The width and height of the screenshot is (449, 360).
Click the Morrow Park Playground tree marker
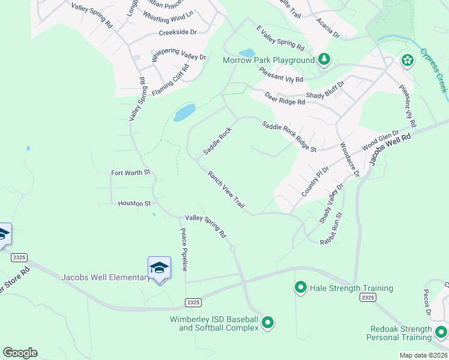324,59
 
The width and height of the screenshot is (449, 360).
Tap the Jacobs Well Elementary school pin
159,268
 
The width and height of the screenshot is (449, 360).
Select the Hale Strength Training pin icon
300,288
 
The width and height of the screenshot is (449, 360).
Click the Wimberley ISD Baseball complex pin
268,323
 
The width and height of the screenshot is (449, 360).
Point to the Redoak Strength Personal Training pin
441,331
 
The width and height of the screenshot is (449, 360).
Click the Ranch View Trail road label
226,190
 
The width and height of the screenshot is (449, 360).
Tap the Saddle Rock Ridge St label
289,136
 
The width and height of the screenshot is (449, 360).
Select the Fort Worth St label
130,173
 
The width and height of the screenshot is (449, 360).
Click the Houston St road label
134,203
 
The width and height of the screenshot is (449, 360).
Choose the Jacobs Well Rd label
390,149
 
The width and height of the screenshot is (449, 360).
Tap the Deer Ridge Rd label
285,97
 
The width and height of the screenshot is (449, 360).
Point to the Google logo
20,353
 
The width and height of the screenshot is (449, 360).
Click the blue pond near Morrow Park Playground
246,53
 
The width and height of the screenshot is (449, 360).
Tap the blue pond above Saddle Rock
185,112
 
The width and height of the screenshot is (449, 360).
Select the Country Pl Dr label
316,182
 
